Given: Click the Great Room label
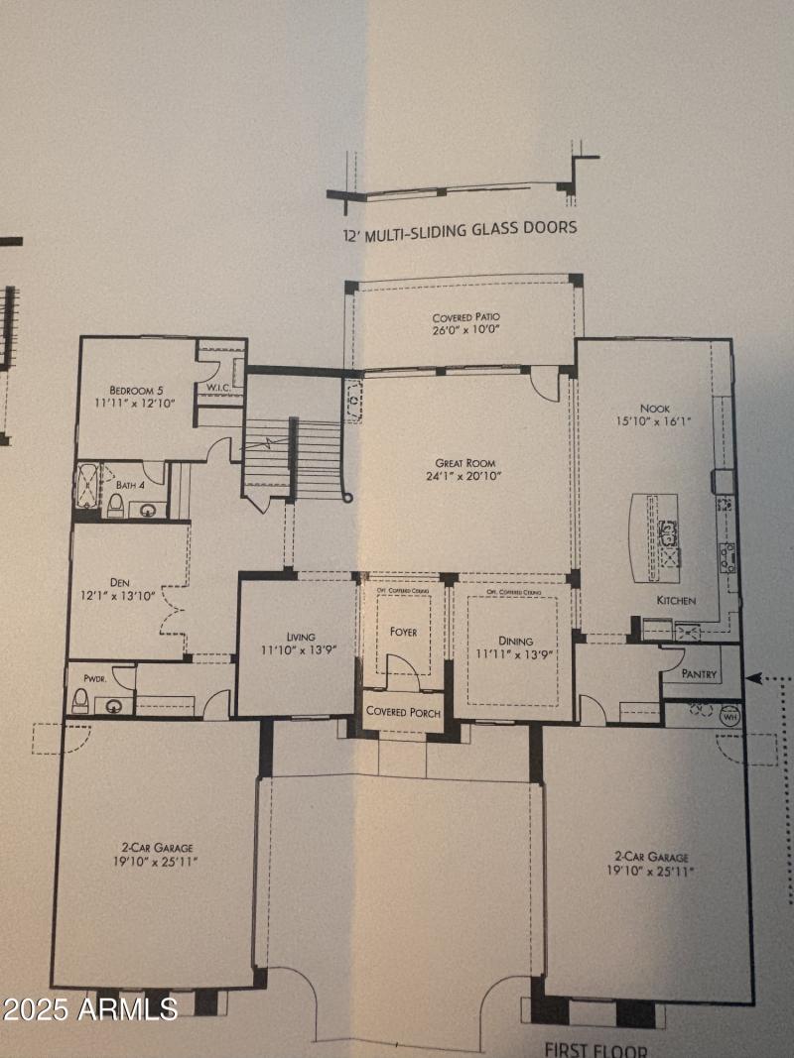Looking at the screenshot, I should pos(464,463).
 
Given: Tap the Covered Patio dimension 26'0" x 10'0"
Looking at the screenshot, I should pos(465,330).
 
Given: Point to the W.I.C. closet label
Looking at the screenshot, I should pos(218,387).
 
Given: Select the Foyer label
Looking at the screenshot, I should pos(403,632).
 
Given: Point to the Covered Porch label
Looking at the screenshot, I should pos(403,712).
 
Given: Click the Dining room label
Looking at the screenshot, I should pos(515,641).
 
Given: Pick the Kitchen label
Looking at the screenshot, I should pos(675,601).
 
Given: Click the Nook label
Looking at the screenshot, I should pos(654,407).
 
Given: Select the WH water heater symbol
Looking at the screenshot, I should pos(730,715).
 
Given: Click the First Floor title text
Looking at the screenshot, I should pos(595,1049).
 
